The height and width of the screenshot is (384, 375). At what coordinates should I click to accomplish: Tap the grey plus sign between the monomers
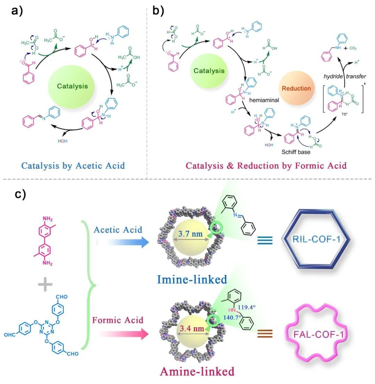point(45,285)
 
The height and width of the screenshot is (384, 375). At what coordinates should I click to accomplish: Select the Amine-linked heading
point(197,371)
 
